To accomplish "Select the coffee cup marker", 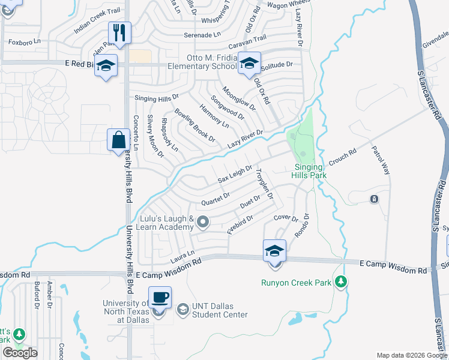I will pos(160,298).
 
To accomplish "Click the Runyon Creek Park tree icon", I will pos(341,281).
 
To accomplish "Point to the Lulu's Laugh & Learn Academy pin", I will pos(203,223).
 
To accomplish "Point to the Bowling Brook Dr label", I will pos(195,125).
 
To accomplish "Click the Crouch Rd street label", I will pos(343,158).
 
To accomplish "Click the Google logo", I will pos(20,353).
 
